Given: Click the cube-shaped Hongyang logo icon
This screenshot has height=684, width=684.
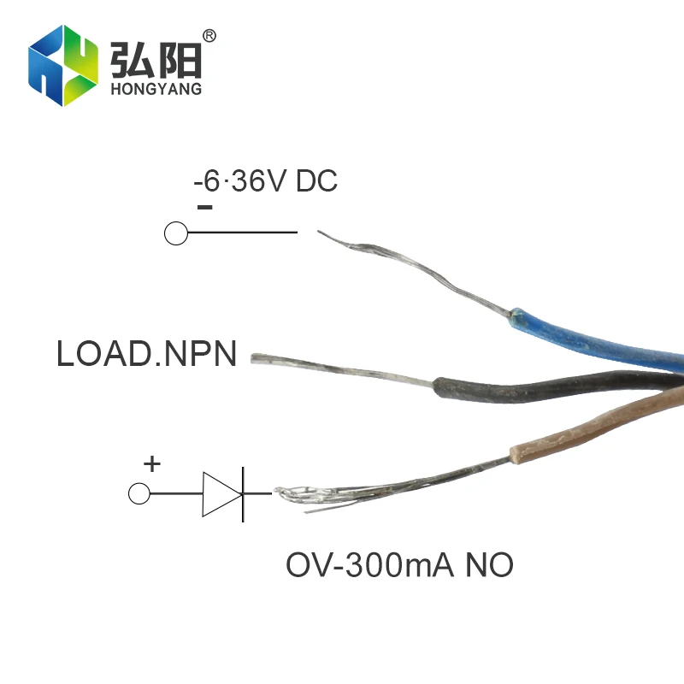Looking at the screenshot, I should click(x=62, y=65).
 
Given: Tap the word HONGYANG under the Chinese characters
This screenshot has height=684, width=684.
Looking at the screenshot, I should click(x=156, y=89).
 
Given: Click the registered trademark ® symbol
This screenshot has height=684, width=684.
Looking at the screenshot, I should click(x=209, y=36).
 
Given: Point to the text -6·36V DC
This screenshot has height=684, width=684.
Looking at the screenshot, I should click(x=265, y=181).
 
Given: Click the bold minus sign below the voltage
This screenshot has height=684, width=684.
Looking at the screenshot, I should click(x=204, y=207).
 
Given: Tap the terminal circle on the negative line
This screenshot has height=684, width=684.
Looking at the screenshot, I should click(x=175, y=233).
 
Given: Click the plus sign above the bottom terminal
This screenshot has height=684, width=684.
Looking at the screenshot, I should click(x=151, y=464).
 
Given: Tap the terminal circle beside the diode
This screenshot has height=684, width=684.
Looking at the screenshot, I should click(x=139, y=493).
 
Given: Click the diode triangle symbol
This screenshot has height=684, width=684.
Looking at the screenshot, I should click(x=218, y=493).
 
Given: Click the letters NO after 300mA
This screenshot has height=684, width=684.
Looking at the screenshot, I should click(x=489, y=565).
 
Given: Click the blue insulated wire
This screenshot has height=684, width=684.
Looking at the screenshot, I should click(x=598, y=338).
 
